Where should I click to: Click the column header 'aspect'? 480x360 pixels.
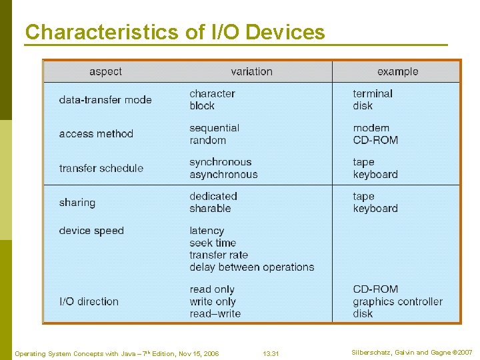click(x=105, y=71)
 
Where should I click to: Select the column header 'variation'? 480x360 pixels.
click(x=251, y=71)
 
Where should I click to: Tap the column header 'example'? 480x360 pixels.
click(x=397, y=71)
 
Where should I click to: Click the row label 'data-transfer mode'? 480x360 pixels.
click(x=105, y=100)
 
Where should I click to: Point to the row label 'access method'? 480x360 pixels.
click(x=96, y=134)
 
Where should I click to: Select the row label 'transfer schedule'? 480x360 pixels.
click(x=101, y=168)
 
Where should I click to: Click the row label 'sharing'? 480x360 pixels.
click(x=77, y=203)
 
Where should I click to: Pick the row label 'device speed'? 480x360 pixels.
click(x=91, y=231)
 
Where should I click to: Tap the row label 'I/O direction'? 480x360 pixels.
click(x=89, y=301)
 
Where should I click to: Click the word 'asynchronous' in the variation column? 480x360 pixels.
click(x=223, y=175)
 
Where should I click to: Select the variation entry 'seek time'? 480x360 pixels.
click(x=213, y=243)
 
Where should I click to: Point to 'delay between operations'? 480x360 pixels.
click(x=251, y=267)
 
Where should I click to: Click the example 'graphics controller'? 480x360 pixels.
click(x=397, y=301)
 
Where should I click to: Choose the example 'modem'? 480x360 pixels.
click(x=371, y=128)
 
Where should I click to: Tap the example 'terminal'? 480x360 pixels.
click(x=373, y=93)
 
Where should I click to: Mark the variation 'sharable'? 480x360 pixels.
click(x=210, y=209)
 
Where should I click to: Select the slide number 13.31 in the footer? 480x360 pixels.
click(x=271, y=353)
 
